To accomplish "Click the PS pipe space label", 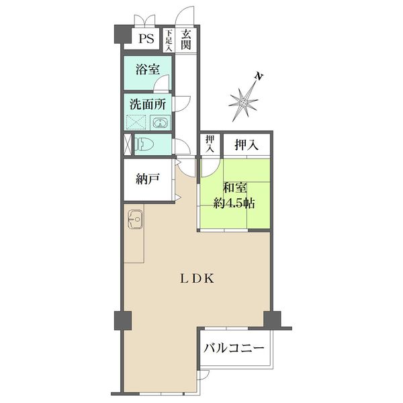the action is pos(146,38).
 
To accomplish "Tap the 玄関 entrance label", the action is pos(186,40).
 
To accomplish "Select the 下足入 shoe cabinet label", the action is pos(169,40).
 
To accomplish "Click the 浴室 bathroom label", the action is pos(148,69).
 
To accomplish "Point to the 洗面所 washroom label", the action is pos(148,104).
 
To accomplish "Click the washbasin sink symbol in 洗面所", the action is pos(161,123).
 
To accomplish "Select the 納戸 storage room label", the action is pos(148,179).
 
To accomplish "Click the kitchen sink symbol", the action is pos(135,219).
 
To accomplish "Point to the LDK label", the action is pos(197,278).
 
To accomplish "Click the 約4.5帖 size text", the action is pos(234,204).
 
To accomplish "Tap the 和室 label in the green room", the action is pos(235,188).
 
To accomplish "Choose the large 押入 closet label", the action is pos(247,145).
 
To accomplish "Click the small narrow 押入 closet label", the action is pos(210,144).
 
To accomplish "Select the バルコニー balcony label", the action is pos(234,348).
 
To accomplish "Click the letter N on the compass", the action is pos(259,77).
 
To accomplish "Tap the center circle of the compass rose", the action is pos(243,103).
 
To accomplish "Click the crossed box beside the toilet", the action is pos(128,144).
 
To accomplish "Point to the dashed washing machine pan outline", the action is pos(136,122).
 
